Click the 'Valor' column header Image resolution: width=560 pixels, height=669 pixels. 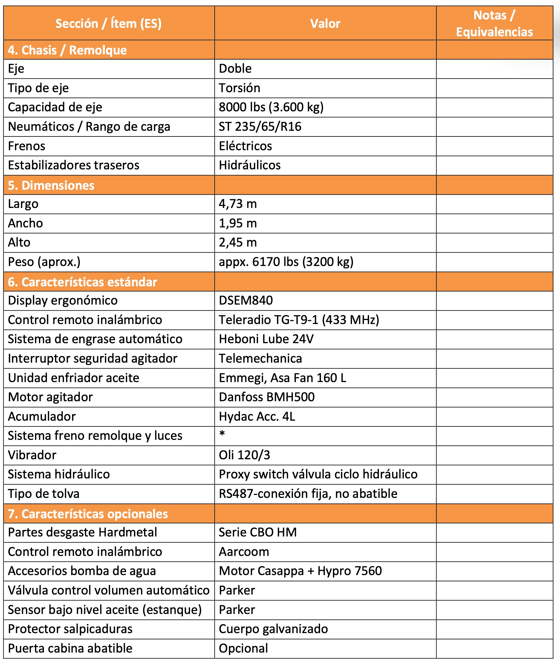pyautogui.click(x=325, y=24)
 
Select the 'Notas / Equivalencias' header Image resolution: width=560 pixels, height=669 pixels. pyautogui.click(x=494, y=24)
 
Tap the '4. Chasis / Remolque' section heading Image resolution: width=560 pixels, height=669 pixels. pyautogui.click(x=67, y=50)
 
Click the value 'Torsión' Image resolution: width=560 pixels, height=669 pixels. pyautogui.click(x=239, y=88)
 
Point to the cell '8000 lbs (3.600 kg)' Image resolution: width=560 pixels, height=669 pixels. pyautogui.click(x=271, y=107)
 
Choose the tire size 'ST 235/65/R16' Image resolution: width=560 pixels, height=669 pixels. pyautogui.click(x=260, y=127)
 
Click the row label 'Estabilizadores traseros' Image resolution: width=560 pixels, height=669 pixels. pyautogui.click(x=74, y=165)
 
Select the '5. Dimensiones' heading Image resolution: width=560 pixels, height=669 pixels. pyautogui.click(x=51, y=186)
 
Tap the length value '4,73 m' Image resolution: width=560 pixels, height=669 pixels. pyautogui.click(x=237, y=204)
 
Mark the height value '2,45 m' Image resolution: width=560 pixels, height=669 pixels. pyautogui.click(x=237, y=242)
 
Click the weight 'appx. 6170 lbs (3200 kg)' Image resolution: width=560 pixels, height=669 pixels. pyautogui.click(x=286, y=262)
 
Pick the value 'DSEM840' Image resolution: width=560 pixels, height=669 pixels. pyautogui.click(x=246, y=300)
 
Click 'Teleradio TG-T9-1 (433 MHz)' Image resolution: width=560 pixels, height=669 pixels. pyautogui.click(x=299, y=320)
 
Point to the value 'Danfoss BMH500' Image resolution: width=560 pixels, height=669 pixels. pyautogui.click(x=266, y=397)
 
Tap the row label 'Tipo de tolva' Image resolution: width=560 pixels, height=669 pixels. pyautogui.click(x=44, y=494)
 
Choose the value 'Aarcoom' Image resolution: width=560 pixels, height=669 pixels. pyautogui.click(x=244, y=552)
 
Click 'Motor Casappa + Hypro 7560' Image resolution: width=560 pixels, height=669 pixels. pyautogui.click(x=300, y=571)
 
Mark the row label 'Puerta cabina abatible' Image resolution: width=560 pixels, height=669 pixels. pyautogui.click(x=70, y=648)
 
